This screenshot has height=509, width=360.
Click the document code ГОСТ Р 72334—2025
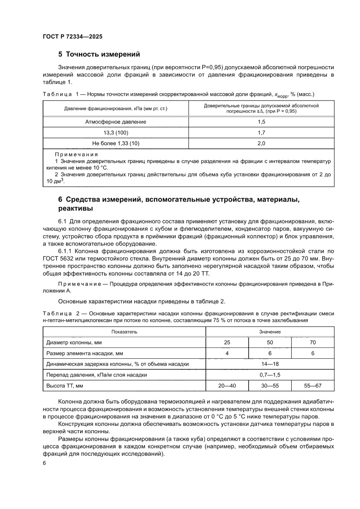pos(73,37)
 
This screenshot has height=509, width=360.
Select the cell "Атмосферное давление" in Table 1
pos(116,122)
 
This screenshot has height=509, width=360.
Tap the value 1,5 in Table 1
pos(262,122)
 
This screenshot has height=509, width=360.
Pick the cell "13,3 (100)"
pos(116,132)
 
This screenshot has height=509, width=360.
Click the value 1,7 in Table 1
pos(262,132)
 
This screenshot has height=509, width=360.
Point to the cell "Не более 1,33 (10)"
pos(116,143)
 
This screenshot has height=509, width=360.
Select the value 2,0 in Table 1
pos(262,143)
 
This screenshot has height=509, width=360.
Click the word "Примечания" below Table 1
pos(76,155)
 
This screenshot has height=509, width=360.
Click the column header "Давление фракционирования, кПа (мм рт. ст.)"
pos(116,108)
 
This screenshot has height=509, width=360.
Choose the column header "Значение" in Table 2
pos(270,332)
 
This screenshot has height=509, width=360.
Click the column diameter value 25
pos(227,343)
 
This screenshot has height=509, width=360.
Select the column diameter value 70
pos(313,343)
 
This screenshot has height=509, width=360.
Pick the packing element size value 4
pos(227,353)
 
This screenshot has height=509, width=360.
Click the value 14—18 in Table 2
pos(270,364)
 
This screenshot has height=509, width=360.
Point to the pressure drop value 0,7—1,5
pos(270,374)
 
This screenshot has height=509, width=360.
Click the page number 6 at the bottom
pos(44,463)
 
